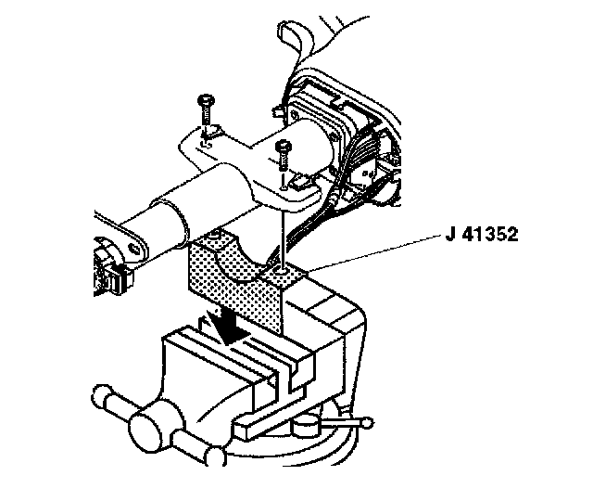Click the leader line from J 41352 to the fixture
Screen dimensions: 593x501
(371, 253)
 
